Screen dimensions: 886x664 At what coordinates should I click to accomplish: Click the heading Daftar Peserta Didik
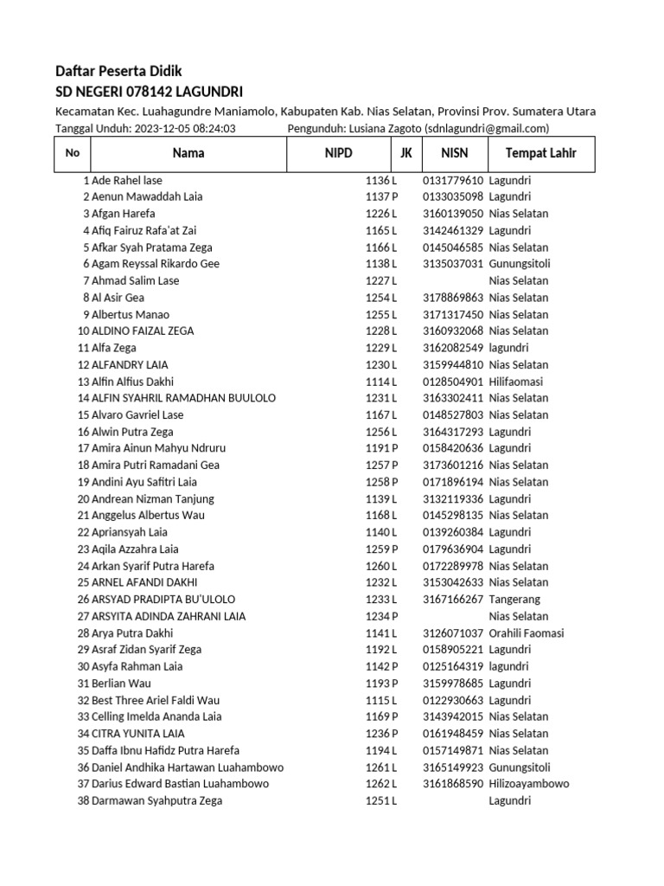point(118,71)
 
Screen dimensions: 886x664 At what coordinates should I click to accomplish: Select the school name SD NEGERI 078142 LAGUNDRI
point(149,92)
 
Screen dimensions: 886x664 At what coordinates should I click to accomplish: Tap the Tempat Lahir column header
point(540,154)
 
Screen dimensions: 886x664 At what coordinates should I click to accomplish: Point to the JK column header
point(405,154)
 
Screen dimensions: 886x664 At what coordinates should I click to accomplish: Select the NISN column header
point(454,154)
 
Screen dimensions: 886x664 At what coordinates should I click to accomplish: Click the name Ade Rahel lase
point(126,180)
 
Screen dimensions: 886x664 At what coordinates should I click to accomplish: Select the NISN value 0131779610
point(453,180)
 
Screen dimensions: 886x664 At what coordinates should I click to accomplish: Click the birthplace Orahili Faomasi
point(526,633)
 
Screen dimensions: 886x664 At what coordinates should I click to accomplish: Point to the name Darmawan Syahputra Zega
point(156,801)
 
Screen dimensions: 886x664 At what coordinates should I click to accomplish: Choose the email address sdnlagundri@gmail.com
point(487,129)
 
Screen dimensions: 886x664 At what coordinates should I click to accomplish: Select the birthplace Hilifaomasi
point(520,382)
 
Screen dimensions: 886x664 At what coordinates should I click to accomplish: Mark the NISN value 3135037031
point(453,264)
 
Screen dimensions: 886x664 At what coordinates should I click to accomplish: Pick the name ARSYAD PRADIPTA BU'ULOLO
point(163,600)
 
